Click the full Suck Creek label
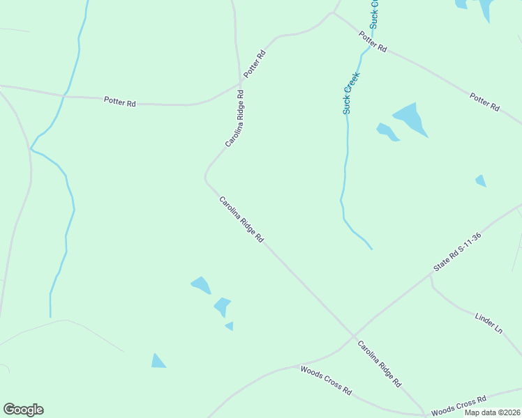point(350,93)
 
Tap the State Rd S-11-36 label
point(457,252)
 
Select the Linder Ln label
point(489,322)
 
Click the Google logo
point(23,410)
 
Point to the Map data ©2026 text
point(493,412)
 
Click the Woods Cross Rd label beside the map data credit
point(458,406)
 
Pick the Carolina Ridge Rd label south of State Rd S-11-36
point(380,363)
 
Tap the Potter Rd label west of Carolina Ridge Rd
point(119,102)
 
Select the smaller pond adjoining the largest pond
point(387,131)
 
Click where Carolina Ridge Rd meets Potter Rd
point(240,85)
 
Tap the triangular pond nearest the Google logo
point(158,361)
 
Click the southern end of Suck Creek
point(371,248)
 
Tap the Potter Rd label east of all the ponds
point(484,102)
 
